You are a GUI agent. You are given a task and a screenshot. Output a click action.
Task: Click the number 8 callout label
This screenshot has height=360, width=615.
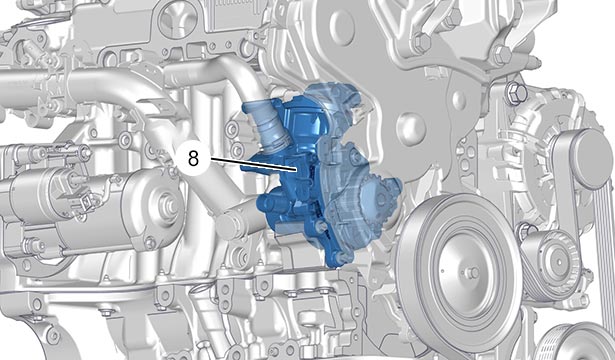(193, 158)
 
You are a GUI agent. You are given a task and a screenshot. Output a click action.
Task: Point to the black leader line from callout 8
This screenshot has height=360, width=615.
(253, 164)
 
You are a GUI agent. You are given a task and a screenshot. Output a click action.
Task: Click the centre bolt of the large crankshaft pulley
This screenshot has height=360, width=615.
(472, 272)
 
